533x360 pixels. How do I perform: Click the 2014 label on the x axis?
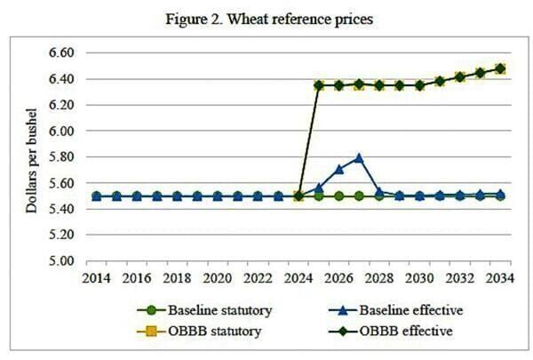pos(97,278)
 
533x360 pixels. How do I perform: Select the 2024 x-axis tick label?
pos(298,278)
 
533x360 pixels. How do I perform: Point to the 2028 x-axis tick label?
pos(378,278)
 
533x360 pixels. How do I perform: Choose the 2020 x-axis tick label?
pos(218,278)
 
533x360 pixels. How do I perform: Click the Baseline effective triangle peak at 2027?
pos(359,158)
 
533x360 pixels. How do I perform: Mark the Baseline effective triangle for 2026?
pos(338,168)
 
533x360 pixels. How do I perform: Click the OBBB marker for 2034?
pos(499,68)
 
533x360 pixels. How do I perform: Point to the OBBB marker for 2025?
pos(319,85)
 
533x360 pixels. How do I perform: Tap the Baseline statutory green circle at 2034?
pos(499,196)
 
